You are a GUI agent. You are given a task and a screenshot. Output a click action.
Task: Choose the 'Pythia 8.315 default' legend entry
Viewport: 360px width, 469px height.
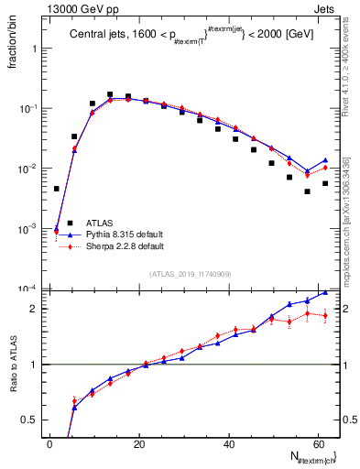pyautogui.click(x=117, y=234)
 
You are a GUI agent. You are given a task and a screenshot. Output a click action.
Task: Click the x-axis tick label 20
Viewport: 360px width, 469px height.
pyautogui.click(x=139, y=443)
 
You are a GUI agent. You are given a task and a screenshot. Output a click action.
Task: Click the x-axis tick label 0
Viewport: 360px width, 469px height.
pyautogui.click(x=50, y=443)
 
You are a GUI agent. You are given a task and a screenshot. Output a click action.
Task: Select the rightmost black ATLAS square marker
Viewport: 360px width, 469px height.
pyautogui.click(x=325, y=183)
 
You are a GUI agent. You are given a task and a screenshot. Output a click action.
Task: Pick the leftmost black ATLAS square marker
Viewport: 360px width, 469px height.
pyautogui.click(x=57, y=189)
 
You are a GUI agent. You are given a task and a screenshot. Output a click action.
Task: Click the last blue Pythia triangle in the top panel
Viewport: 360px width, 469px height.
pyautogui.click(x=325, y=160)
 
